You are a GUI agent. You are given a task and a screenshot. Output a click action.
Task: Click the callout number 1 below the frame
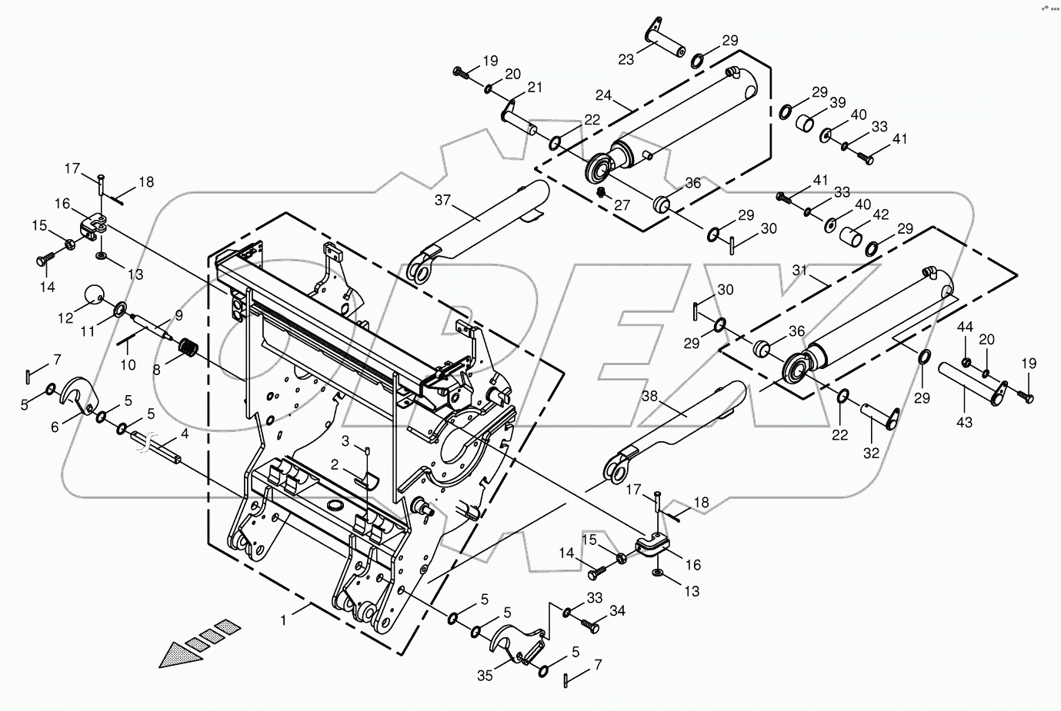284,619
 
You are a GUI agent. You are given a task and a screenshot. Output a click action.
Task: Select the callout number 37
443,202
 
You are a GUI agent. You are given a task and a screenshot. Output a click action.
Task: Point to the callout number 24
603,96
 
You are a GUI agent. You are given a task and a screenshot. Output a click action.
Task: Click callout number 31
800,270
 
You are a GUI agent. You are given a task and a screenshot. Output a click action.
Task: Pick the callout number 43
964,422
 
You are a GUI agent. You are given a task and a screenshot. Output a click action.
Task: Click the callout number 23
626,59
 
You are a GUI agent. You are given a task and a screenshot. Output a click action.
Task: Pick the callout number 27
622,205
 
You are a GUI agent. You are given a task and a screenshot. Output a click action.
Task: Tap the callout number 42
880,214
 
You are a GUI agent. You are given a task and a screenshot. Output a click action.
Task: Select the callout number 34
617,611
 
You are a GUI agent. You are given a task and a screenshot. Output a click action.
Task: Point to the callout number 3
345,440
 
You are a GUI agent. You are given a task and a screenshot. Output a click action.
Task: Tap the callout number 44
965,327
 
